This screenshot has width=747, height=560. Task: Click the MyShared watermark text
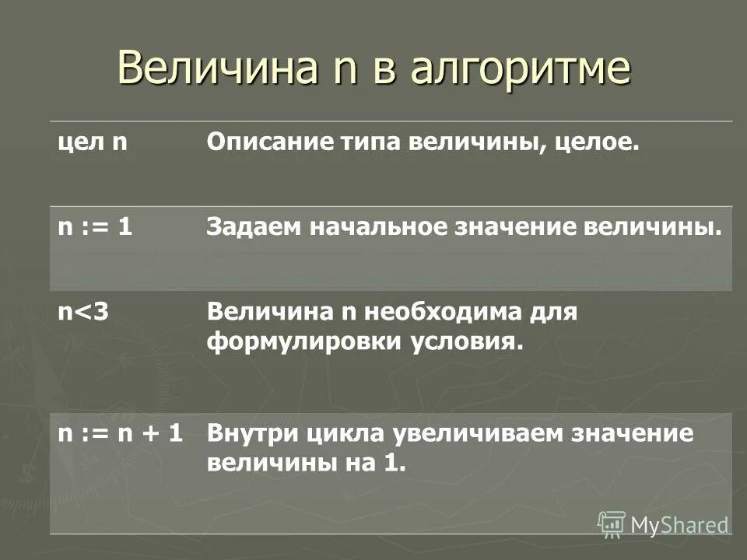pyautogui.click(x=679, y=525)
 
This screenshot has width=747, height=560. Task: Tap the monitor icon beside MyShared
pyautogui.click(x=612, y=524)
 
